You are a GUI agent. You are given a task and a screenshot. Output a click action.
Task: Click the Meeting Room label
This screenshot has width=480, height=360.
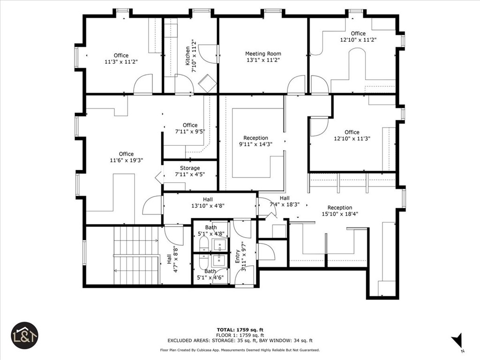pyautogui.click(x=263, y=57)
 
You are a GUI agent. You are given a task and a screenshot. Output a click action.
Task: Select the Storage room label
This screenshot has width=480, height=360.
pyautogui.click(x=190, y=172)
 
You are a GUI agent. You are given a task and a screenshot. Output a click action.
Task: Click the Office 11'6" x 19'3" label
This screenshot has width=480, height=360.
pyautogui.click(x=126, y=157)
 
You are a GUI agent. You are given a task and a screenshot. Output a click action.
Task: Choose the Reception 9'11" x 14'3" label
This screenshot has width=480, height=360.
pyautogui.click(x=255, y=141)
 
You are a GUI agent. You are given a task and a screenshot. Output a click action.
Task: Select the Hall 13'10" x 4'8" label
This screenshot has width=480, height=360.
pyautogui.click(x=208, y=202)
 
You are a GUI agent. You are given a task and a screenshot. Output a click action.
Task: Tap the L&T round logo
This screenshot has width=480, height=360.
pyautogui.click(x=24, y=335)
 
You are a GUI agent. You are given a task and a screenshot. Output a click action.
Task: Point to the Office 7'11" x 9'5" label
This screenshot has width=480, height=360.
pyautogui.click(x=190, y=128)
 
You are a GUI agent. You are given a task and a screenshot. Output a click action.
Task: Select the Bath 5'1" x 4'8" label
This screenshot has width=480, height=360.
pyautogui.click(x=210, y=231)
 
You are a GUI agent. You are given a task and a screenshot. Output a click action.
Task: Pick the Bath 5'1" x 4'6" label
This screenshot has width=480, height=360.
pyautogui.click(x=210, y=274)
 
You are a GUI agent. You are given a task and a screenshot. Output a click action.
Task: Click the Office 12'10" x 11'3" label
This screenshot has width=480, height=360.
pyautogui.click(x=352, y=135)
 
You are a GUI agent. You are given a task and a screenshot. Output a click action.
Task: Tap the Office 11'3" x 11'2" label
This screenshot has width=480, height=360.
pyautogui.click(x=121, y=59)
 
